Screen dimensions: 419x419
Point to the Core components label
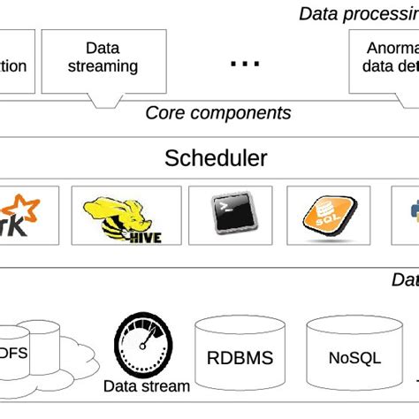217,113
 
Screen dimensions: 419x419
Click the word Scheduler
216,159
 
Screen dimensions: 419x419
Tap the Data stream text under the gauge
147,386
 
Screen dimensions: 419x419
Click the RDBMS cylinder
240,358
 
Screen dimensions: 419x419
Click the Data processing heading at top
357,13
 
